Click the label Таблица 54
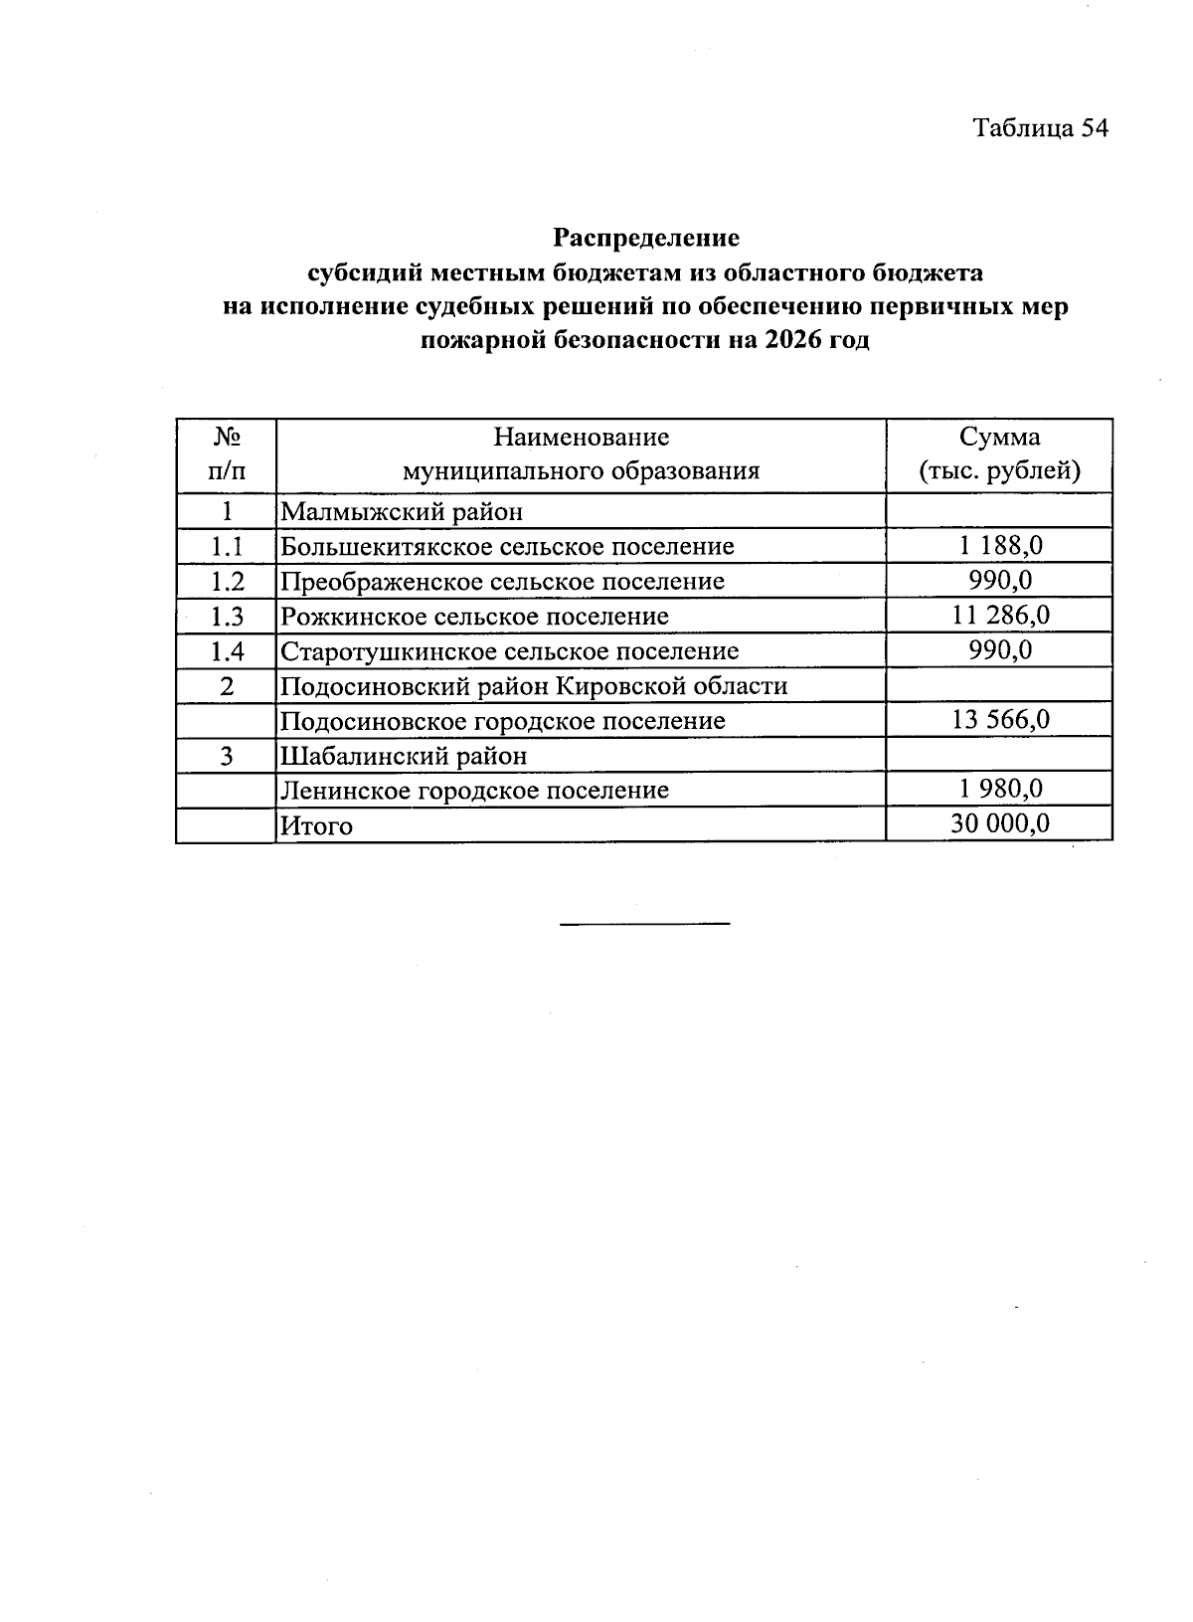point(1039,128)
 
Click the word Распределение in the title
point(646,239)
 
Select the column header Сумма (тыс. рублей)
point(999,454)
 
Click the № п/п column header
point(227,454)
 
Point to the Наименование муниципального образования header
point(581,454)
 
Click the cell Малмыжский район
point(402,512)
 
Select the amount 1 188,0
point(1000,546)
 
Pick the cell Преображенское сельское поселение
point(502,581)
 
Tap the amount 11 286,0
point(1000,616)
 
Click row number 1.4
point(227,651)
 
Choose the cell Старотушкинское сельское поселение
point(510,651)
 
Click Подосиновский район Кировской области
point(534,686)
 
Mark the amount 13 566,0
point(1000,720)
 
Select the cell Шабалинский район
point(404,756)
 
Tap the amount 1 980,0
point(1000,790)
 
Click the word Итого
point(317,825)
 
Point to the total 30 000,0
point(1000,823)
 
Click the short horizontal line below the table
point(644,924)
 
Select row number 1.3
point(227,617)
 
